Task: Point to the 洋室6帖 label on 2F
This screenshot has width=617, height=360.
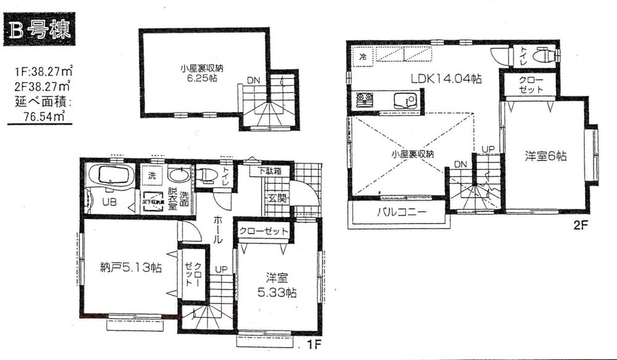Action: [x=545, y=157]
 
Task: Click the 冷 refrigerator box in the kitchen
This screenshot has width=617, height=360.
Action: [x=362, y=57]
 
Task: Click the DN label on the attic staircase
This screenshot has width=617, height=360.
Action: [x=253, y=80]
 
